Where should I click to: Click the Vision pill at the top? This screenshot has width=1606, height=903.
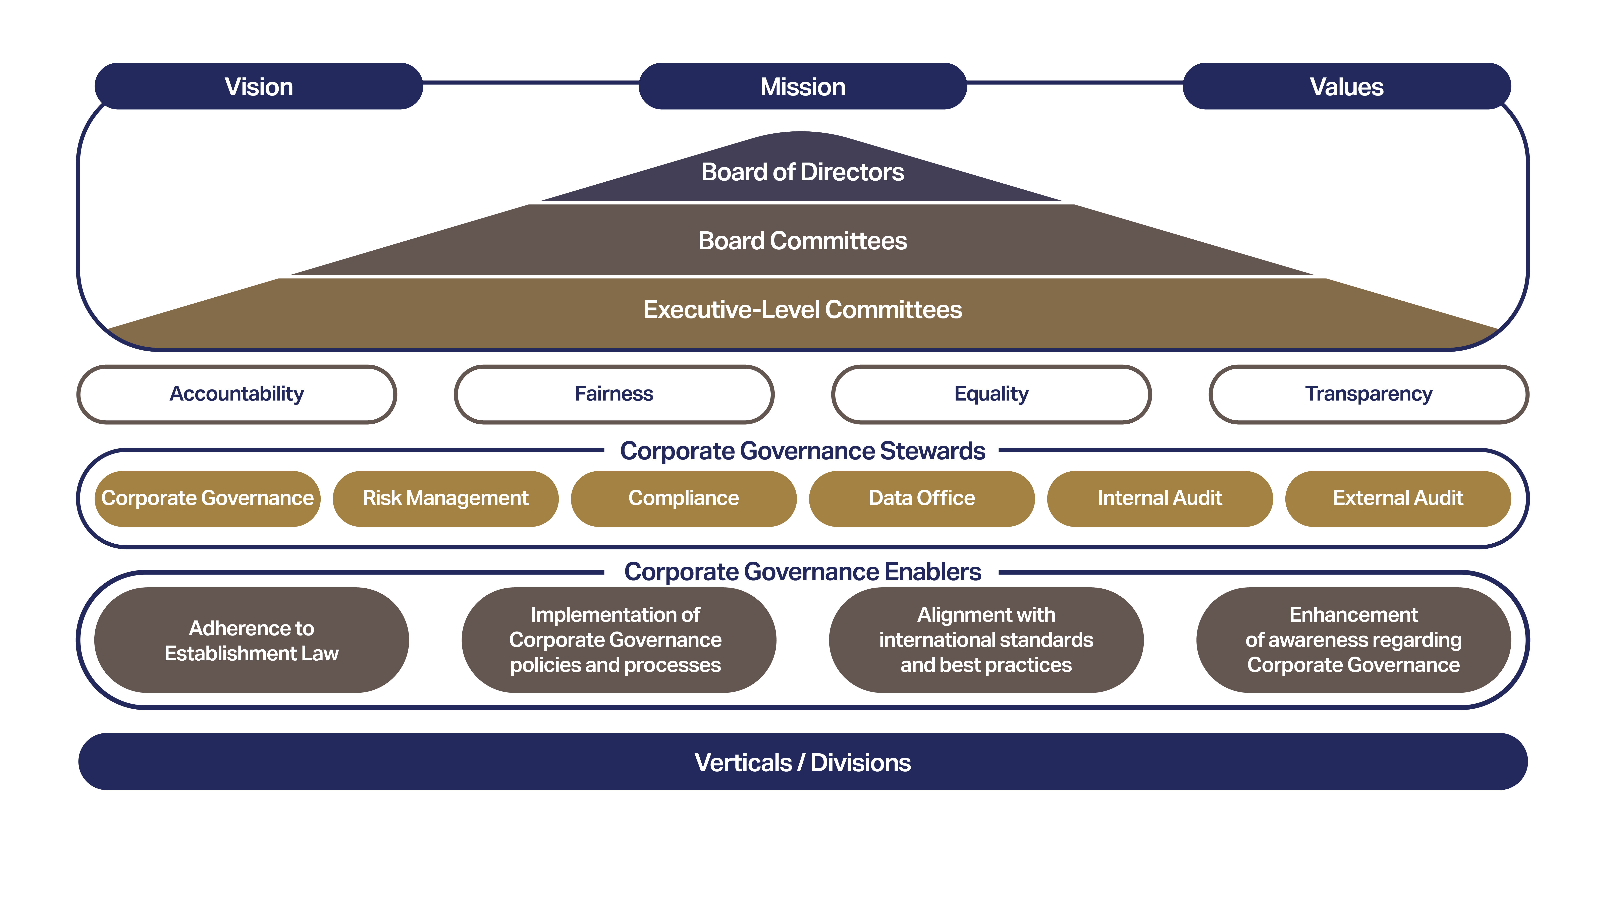[259, 86]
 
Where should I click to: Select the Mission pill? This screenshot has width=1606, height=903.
[802, 86]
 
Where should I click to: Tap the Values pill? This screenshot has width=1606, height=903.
[1347, 86]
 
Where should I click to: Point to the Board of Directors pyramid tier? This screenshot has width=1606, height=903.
[802, 170]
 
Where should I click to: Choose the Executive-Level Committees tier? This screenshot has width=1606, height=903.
[802, 312]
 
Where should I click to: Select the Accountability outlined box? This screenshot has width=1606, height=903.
[237, 394]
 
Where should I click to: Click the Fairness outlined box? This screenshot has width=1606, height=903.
[614, 394]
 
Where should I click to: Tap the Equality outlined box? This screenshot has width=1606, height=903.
[991, 394]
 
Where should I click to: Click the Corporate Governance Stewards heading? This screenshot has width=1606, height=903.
[802, 450]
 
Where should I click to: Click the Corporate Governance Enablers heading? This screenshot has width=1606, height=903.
[802, 571]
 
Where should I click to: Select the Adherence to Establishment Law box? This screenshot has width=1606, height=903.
[251, 640]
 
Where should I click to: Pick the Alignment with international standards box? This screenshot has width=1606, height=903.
[986, 640]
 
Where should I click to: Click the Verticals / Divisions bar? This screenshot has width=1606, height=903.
[802, 762]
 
